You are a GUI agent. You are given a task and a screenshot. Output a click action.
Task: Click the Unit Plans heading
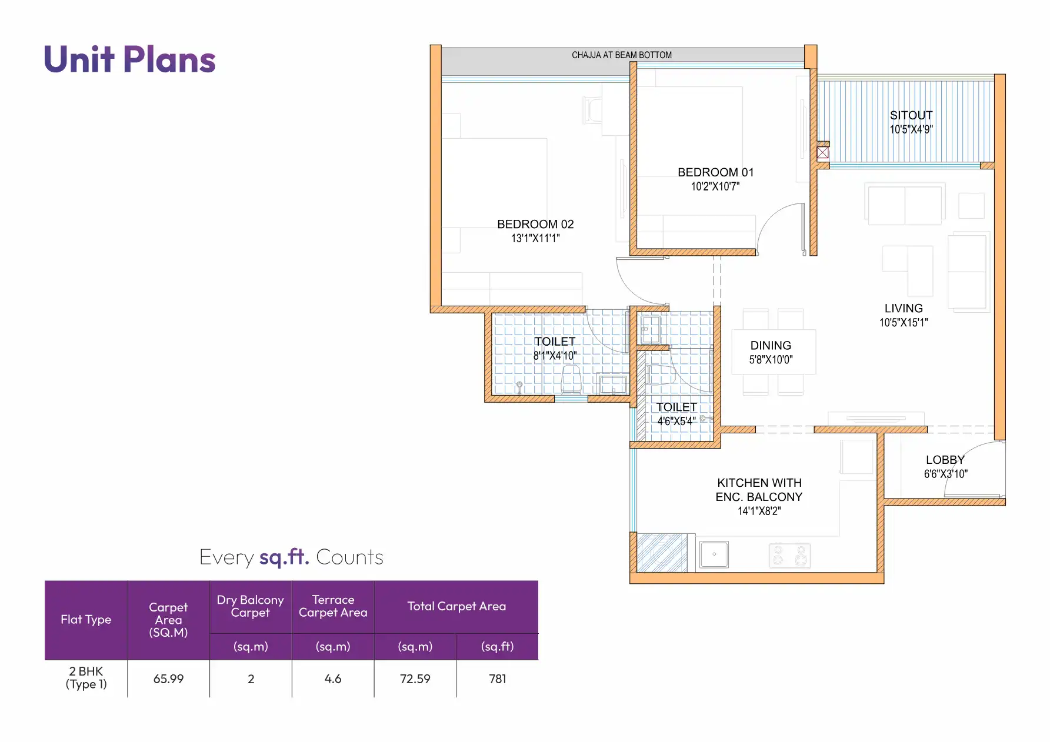coord(130,60)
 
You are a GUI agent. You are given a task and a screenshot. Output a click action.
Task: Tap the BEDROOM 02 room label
coord(535,224)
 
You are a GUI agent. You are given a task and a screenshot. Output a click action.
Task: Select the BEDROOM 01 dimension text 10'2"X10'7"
coord(715,187)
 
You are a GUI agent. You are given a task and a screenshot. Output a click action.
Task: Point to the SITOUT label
coord(911,115)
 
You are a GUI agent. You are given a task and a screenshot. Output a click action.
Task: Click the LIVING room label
coord(904,308)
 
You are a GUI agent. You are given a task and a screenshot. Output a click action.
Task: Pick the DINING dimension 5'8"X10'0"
coord(771,360)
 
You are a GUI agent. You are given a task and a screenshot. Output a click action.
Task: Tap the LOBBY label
coord(945,460)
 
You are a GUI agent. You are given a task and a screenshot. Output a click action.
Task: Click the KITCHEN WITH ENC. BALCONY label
coord(759,490)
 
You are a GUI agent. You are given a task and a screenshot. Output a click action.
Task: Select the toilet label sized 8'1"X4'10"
coord(555,342)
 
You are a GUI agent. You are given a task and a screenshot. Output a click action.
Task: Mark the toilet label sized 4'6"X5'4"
coord(676,407)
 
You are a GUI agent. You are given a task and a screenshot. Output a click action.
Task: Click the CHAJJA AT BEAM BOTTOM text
coord(622,55)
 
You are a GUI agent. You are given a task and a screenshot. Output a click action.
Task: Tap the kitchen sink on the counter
coord(714,554)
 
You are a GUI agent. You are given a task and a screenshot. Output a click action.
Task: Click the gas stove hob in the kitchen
coord(789,556)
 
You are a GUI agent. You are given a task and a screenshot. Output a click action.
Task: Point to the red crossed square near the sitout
coord(823,153)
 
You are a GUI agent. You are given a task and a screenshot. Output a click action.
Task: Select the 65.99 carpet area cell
coord(169,679)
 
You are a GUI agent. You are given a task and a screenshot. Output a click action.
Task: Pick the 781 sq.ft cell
coord(498,679)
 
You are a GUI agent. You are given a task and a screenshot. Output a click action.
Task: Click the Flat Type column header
coord(86,619)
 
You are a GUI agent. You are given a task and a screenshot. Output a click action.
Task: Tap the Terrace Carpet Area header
coord(333,606)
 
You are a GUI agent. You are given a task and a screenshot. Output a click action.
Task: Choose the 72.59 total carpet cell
coord(415,679)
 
